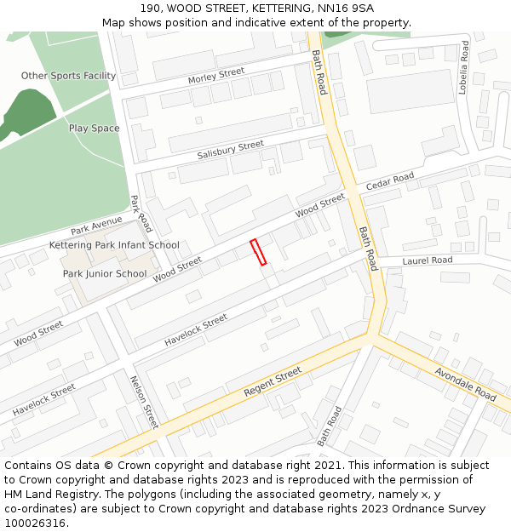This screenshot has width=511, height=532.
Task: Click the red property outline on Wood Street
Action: [x=258, y=253]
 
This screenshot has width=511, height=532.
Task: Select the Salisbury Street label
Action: [x=230, y=151]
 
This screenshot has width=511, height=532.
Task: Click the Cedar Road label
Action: [x=389, y=181]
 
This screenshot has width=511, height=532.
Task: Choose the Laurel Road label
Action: [x=428, y=260]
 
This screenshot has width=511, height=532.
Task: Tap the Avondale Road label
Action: [x=465, y=385]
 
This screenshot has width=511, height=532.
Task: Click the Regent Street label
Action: [x=273, y=382]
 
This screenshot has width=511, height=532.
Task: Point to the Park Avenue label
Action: [x=96, y=226]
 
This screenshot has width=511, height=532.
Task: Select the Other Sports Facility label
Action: [x=68, y=76]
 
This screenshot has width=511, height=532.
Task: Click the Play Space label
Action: [x=94, y=129]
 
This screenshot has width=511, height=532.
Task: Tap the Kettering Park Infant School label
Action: [x=114, y=245]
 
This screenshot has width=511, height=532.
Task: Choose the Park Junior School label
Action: [x=104, y=274]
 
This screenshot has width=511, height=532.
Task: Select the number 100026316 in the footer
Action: [x=35, y=523]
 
